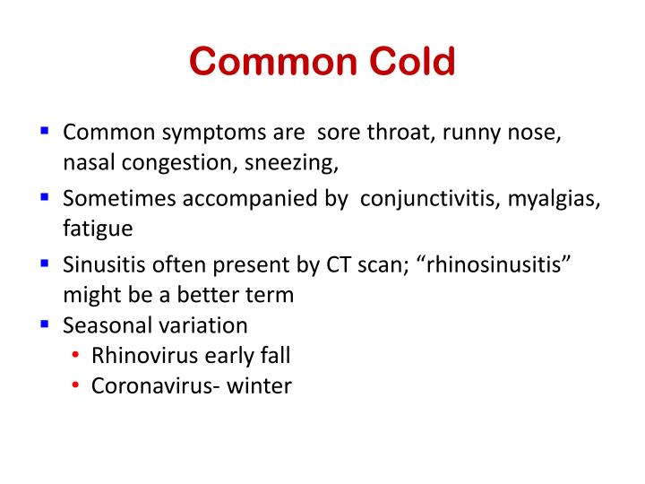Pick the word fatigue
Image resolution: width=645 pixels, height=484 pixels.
[x=98, y=229]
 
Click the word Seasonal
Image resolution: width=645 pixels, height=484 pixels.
[x=103, y=324]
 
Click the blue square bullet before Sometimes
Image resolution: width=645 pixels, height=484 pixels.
[x=45, y=196]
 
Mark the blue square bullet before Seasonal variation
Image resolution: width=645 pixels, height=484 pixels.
[x=45, y=321]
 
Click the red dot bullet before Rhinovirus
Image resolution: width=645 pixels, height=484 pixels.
[x=76, y=356]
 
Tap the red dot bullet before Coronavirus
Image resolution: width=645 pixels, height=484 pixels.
[x=76, y=386]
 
